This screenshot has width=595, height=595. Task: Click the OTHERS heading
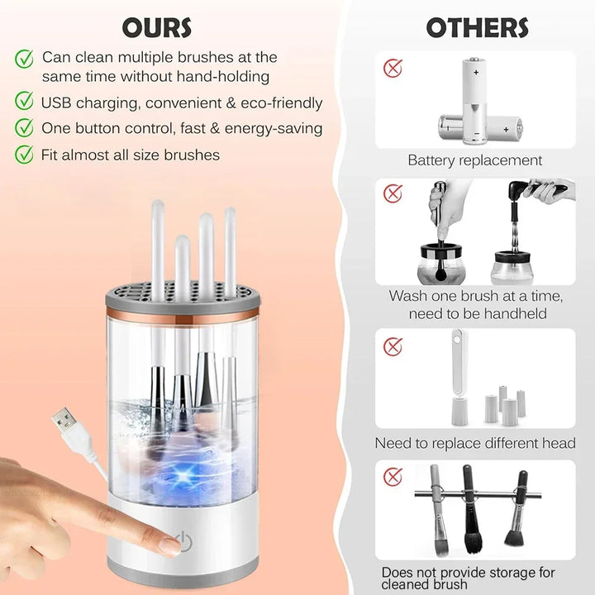tap(477, 27)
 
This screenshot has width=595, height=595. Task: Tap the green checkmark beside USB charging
tap(25, 102)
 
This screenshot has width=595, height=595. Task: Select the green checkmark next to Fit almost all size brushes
tap(25, 154)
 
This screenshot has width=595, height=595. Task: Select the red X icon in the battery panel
tap(393, 68)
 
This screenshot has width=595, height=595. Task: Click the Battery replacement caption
tap(475, 160)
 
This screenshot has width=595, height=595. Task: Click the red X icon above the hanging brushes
tap(393, 476)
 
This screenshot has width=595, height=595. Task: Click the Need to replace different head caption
tap(475, 444)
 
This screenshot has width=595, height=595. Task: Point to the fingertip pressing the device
tap(169, 545)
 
